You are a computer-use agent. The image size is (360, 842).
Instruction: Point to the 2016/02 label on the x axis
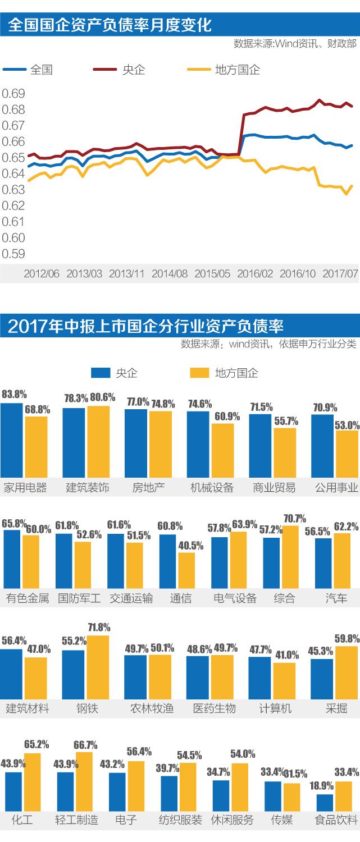pyautogui.click(x=255, y=274)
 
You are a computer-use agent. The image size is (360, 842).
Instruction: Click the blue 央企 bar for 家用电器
pyautogui.click(x=12, y=440)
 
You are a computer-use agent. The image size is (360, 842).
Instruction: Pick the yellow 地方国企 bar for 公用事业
pyautogui.click(x=347, y=454)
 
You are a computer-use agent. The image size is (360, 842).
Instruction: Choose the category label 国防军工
pyautogui.click(x=79, y=598)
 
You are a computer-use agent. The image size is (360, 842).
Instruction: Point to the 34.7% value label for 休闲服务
pyautogui.click(x=218, y=772)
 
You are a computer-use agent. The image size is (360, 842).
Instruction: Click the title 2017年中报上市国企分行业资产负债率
pyautogui.click(x=146, y=326)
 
